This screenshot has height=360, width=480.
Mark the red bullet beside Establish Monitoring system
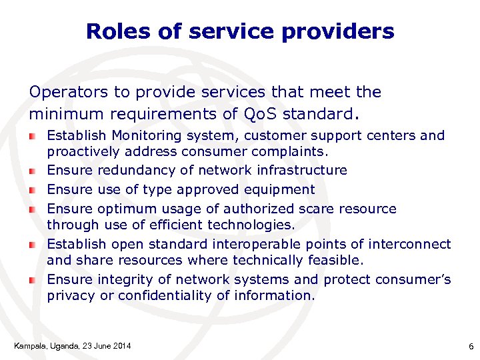tap(32, 136)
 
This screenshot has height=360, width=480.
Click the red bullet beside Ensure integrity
tap(32, 280)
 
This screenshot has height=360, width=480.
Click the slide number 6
tap(471, 346)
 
